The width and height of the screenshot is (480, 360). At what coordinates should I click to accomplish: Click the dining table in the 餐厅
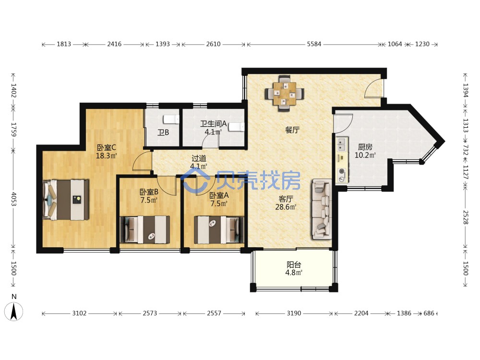285,93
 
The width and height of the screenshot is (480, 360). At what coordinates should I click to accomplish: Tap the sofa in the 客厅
322,209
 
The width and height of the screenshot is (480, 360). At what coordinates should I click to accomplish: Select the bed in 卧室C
66,200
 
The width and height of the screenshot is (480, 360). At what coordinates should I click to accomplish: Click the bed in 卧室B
145,229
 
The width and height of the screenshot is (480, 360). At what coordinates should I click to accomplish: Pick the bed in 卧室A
219,230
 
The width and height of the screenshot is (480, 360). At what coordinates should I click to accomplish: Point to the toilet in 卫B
171,120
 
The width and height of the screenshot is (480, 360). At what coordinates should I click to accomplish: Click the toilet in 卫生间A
237,127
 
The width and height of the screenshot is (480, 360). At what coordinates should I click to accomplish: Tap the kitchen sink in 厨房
342,145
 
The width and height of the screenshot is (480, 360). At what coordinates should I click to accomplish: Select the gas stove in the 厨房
342,175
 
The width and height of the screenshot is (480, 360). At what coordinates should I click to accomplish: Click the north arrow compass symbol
14,311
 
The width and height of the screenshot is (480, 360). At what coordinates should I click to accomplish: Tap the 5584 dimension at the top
314,44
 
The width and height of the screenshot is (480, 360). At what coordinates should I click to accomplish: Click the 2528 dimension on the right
465,217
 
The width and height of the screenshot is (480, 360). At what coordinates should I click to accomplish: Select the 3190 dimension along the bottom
294,313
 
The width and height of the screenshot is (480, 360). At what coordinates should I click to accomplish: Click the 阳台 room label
294,264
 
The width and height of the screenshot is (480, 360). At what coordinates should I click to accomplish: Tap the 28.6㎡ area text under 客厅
286,207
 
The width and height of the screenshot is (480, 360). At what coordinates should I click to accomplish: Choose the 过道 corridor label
199,158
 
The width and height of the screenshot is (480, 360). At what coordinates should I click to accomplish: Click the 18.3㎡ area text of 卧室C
106,156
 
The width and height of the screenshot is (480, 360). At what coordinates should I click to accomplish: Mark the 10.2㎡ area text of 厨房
365,155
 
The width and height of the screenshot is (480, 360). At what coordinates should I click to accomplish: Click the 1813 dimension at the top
64,44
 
